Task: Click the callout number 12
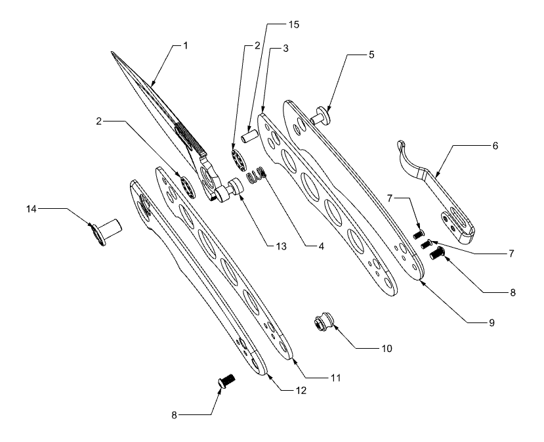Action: pyautogui.click(x=301, y=390)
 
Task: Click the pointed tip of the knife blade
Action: pyautogui.click(x=112, y=53)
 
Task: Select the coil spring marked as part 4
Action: pyautogui.click(x=255, y=175)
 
